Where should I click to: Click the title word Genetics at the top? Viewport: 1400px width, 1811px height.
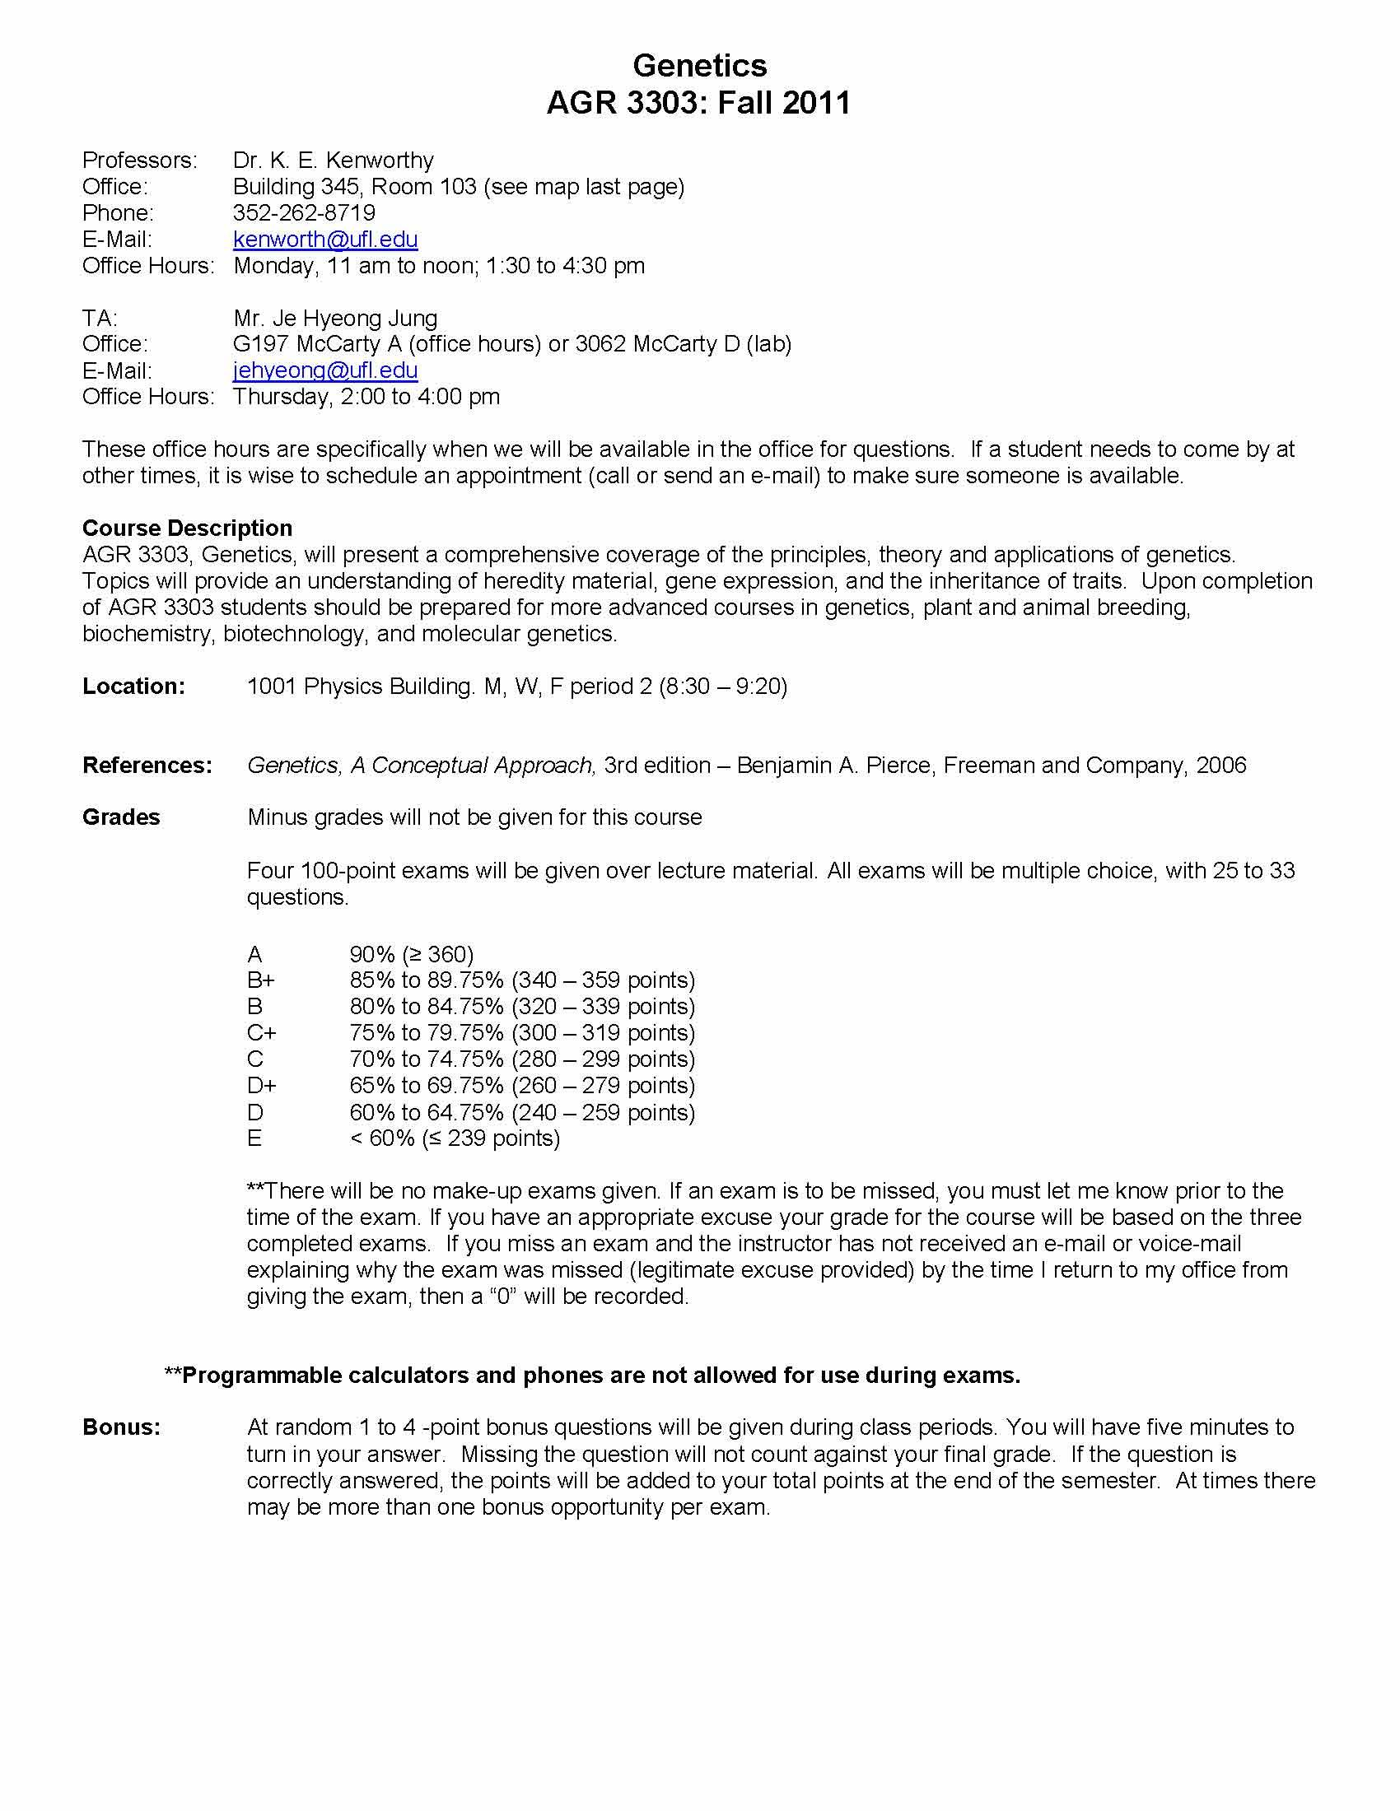coord(699,65)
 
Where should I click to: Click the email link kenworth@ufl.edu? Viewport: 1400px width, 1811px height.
coord(325,239)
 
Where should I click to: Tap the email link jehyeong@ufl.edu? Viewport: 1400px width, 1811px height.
coord(325,370)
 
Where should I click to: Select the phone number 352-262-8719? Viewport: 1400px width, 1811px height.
coord(305,212)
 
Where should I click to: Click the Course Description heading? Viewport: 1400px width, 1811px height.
coord(187,528)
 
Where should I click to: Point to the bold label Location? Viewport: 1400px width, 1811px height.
coord(133,687)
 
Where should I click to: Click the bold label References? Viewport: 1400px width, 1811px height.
coord(147,766)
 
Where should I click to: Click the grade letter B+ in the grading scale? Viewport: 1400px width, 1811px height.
coord(261,980)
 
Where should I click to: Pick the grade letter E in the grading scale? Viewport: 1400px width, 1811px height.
coord(254,1138)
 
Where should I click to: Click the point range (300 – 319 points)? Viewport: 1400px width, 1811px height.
coord(603,1032)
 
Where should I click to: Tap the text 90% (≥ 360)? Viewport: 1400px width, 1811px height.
coord(412,953)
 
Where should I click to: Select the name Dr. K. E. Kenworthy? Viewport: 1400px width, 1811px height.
coord(334,160)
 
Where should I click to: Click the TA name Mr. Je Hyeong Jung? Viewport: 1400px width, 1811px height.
coord(335,318)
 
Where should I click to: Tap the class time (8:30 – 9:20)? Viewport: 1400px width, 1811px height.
coord(722,687)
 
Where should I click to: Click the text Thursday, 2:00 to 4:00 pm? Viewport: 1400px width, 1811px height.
coord(366,397)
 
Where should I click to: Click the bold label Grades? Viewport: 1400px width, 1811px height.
coord(121,817)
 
